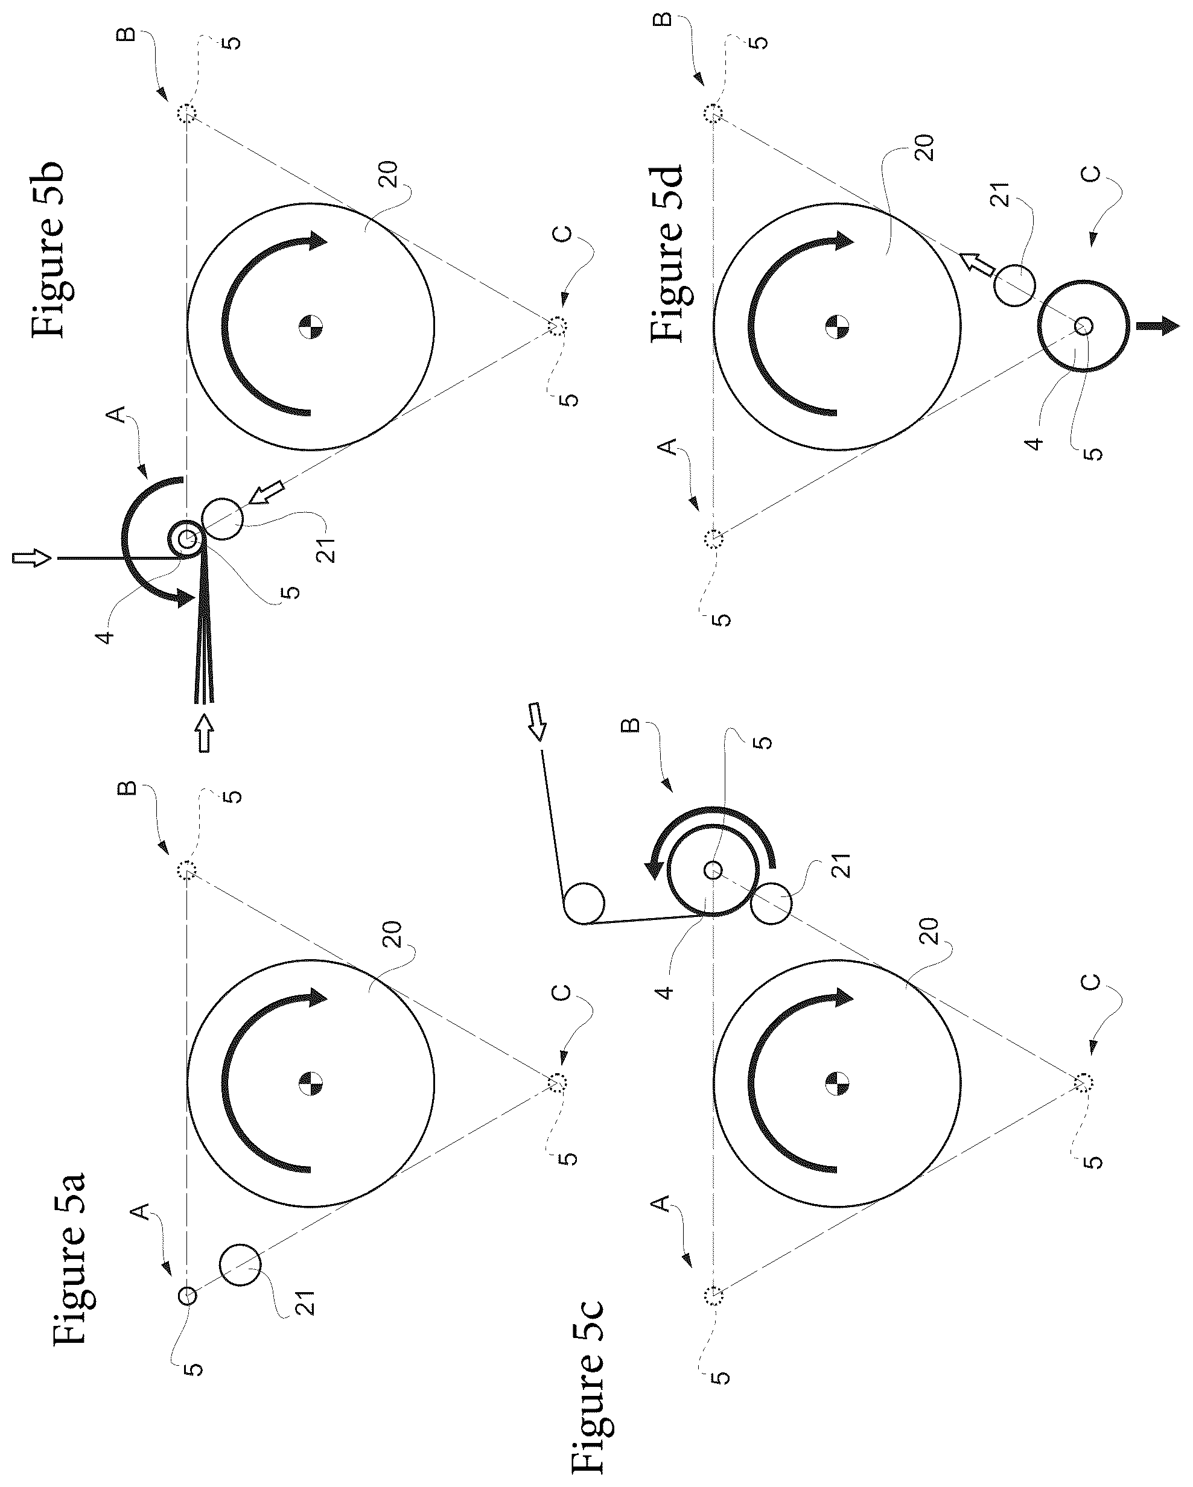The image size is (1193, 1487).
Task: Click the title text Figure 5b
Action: coord(48,250)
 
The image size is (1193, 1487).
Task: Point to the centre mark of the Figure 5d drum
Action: coord(837,326)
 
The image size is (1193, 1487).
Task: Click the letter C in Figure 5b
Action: coord(563,234)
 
